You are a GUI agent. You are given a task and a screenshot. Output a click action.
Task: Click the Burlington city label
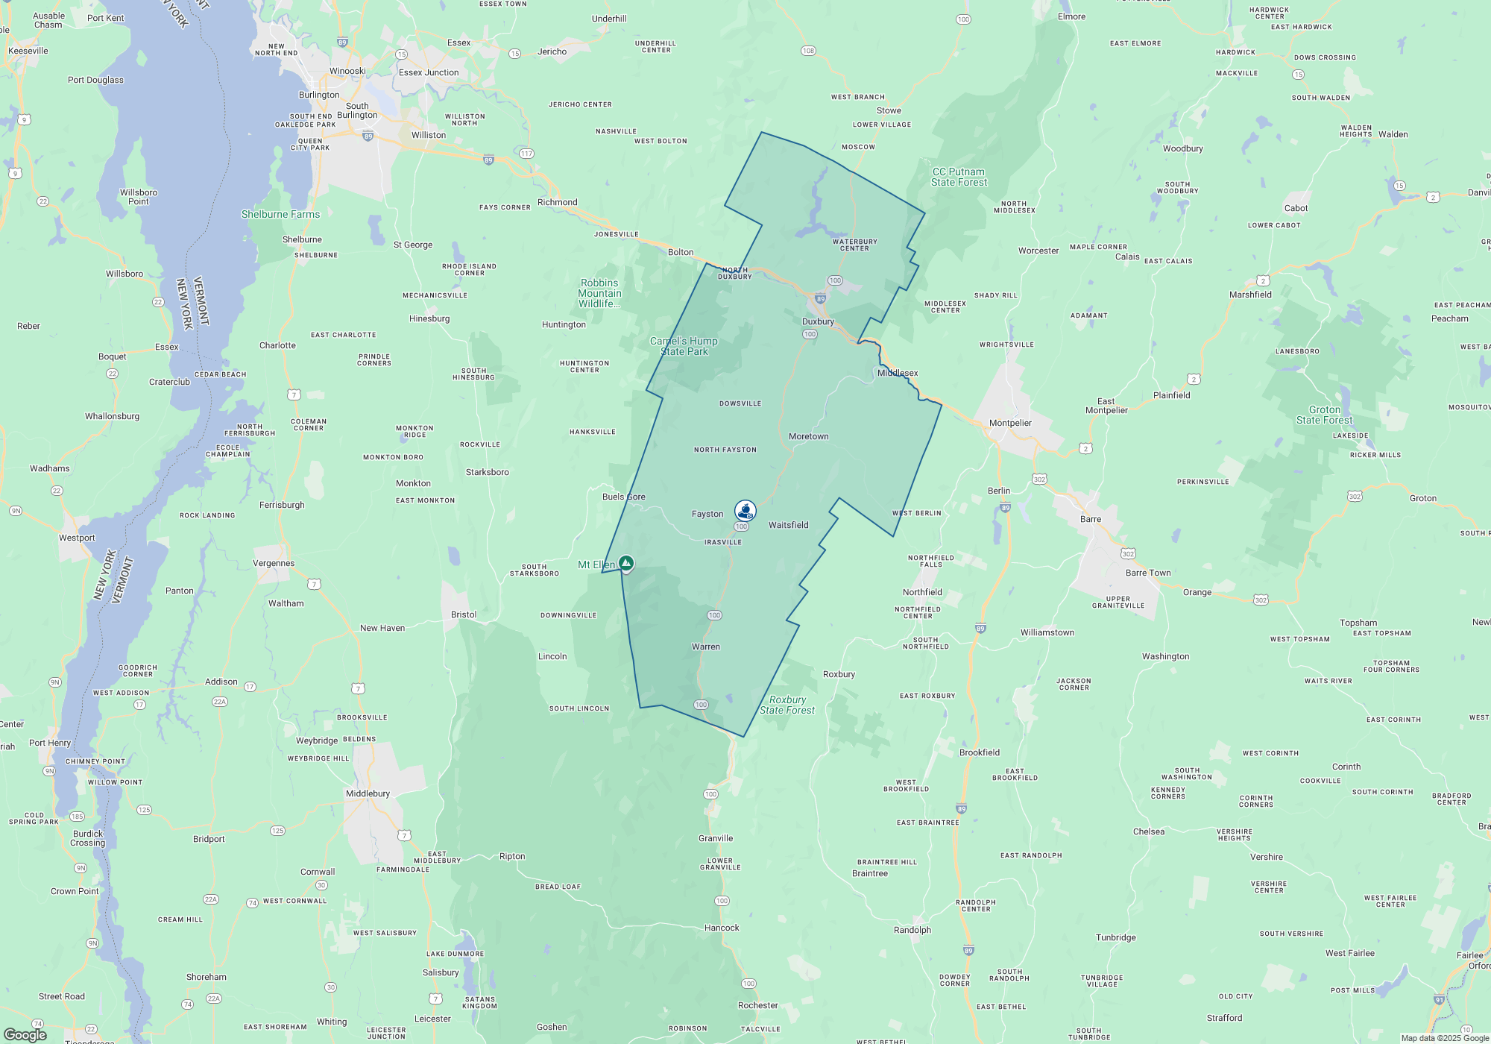pyautogui.click(x=319, y=95)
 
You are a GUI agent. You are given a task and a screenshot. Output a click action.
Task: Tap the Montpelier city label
pyautogui.click(x=1010, y=423)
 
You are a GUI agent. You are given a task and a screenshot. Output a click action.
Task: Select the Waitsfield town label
pyautogui.click(x=788, y=525)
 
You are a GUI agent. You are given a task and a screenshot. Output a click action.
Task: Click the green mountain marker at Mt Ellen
pyautogui.click(x=626, y=563)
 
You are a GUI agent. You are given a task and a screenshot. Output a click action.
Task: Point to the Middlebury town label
pyautogui.click(x=368, y=793)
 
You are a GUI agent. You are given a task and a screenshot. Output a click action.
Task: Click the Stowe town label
pyautogui.click(x=889, y=110)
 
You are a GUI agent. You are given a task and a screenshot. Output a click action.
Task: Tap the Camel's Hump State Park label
pyautogui.click(x=684, y=346)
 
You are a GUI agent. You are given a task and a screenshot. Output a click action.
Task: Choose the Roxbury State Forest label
pyautogui.click(x=787, y=705)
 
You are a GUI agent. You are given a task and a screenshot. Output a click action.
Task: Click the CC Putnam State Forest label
pyautogui.click(x=959, y=177)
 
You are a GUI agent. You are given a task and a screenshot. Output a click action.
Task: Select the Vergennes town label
pyautogui.click(x=274, y=563)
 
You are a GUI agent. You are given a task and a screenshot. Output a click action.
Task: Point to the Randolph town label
pyautogui.click(x=912, y=930)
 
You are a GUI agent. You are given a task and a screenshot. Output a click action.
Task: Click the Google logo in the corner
pyautogui.click(x=25, y=1035)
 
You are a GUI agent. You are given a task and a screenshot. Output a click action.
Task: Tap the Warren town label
pyautogui.click(x=705, y=647)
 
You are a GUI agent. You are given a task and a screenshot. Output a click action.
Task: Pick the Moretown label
pyautogui.click(x=808, y=436)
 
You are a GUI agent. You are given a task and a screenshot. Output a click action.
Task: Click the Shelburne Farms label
pyautogui.click(x=280, y=214)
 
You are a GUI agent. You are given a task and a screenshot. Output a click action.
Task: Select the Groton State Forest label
pyautogui.click(x=1324, y=415)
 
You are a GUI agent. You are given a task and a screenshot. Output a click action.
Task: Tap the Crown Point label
pyautogui.click(x=75, y=891)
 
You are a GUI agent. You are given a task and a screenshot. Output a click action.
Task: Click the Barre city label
pyautogui.click(x=1090, y=519)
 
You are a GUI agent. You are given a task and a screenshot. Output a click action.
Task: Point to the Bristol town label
pyautogui.click(x=464, y=614)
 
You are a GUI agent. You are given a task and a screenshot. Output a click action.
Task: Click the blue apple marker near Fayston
pyautogui.click(x=745, y=510)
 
